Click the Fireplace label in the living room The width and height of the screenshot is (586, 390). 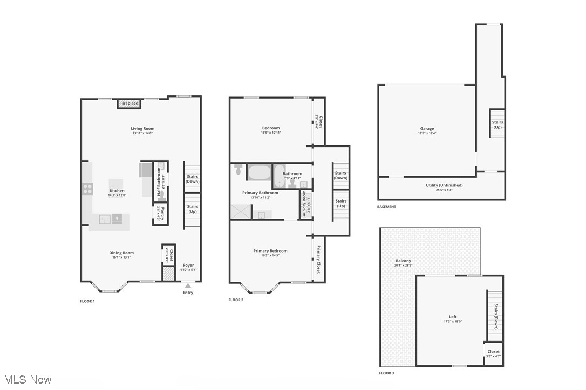pyautogui.click(x=129, y=103)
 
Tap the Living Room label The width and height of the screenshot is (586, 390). pyautogui.click(x=142, y=128)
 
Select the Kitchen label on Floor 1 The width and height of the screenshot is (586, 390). pyautogui.click(x=117, y=191)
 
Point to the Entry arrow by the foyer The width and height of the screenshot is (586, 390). pyautogui.click(x=188, y=286)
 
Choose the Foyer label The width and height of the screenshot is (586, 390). pyautogui.click(x=188, y=265)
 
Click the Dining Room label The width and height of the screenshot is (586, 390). pyautogui.click(x=121, y=253)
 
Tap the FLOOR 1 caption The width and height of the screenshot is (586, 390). pyautogui.click(x=87, y=301)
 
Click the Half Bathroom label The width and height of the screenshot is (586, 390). pyautogui.click(x=159, y=182)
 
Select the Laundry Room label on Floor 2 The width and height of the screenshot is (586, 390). pyautogui.click(x=304, y=205)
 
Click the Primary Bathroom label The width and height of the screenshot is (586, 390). pyautogui.click(x=260, y=193)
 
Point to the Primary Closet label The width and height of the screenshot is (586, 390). pyautogui.click(x=318, y=260)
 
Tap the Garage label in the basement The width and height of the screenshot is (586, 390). pyautogui.click(x=427, y=129)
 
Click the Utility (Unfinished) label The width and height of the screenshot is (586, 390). pyautogui.click(x=444, y=185)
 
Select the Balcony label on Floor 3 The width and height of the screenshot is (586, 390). pyautogui.click(x=403, y=261)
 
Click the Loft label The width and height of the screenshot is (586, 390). pyautogui.click(x=453, y=317)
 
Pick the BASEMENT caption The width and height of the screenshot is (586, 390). pyautogui.click(x=386, y=207)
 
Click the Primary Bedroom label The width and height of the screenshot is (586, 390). pyautogui.click(x=270, y=251)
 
